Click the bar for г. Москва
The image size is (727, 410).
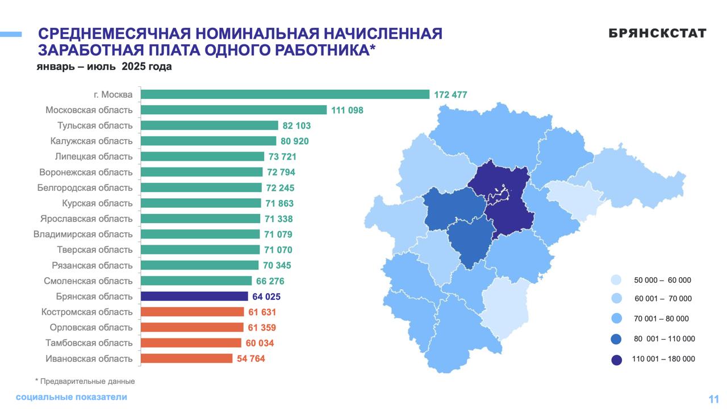tap(285, 94)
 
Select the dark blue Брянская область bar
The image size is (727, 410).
tap(194, 296)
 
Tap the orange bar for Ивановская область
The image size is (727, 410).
tap(186, 358)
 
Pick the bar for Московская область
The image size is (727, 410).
tap(233, 110)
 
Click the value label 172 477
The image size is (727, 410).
tap(450, 95)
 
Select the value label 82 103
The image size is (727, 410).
tap(296, 125)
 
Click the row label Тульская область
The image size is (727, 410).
tap(95, 125)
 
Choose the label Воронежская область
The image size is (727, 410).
tap(86, 172)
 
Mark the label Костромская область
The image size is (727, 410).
tap(87, 312)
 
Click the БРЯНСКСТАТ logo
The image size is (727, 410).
tap(657, 34)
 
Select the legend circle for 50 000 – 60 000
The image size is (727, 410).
tap(616, 280)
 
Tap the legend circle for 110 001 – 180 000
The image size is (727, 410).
tap(616, 359)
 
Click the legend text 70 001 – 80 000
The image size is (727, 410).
tap(662, 319)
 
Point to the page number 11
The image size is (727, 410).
tap(713, 399)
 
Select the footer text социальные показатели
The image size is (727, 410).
tap(72, 397)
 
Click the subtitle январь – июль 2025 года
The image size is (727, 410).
tap(104, 67)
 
